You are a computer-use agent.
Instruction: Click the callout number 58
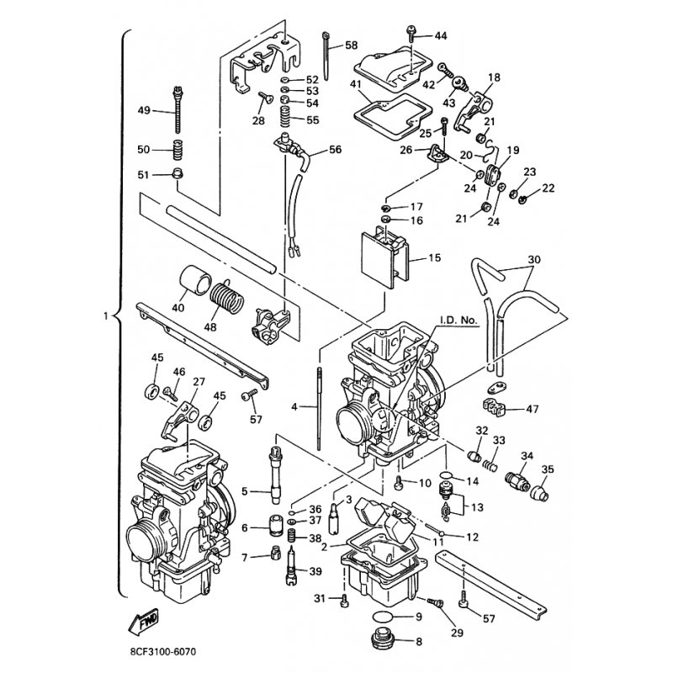tap(351, 45)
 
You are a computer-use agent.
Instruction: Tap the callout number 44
tap(441, 35)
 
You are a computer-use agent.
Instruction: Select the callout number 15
tap(434, 258)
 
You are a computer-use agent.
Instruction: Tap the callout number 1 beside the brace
tap(105, 317)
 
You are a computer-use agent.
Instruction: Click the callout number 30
tap(533, 258)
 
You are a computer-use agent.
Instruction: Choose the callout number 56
tap(335, 150)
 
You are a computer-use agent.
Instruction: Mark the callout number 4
tap(294, 406)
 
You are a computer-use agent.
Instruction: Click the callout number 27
tap(199, 382)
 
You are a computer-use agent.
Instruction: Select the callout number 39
tap(315, 571)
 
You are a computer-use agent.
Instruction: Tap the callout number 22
tap(548, 188)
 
